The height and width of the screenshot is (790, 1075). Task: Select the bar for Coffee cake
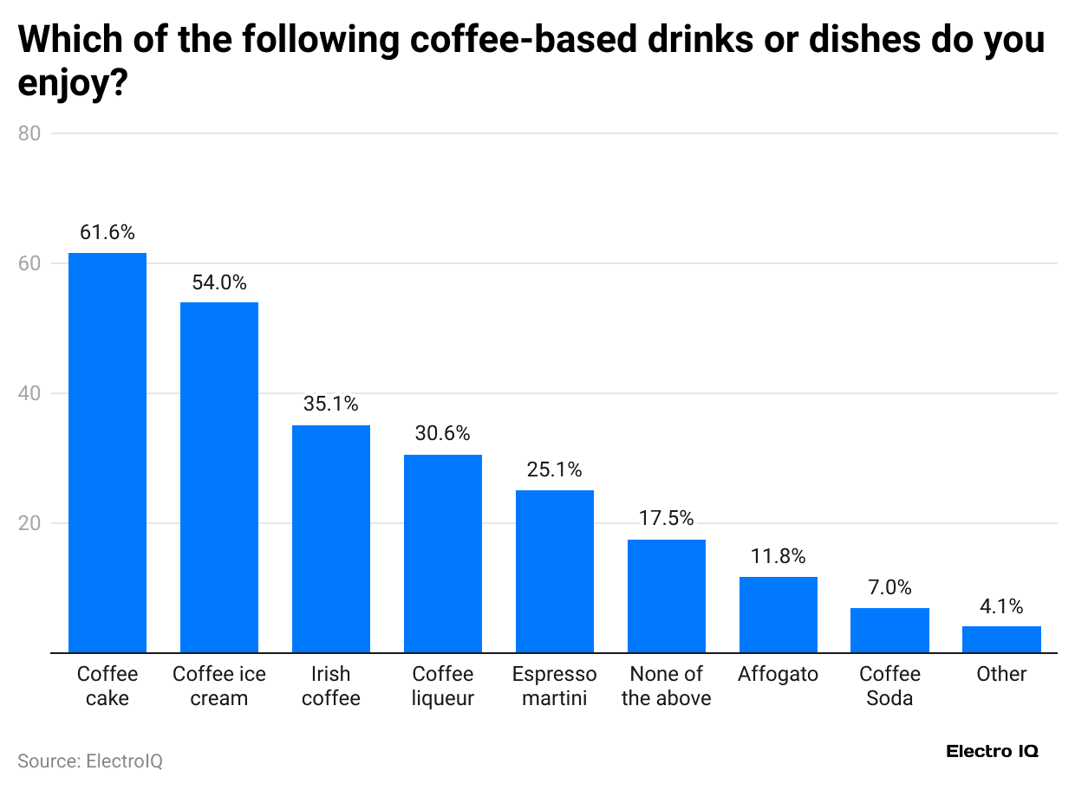click(x=107, y=452)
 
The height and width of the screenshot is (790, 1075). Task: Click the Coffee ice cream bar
click(x=219, y=477)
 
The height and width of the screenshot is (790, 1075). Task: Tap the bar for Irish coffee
click(x=331, y=539)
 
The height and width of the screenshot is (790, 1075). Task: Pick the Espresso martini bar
click(x=555, y=571)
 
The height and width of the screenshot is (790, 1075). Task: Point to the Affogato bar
click(x=779, y=614)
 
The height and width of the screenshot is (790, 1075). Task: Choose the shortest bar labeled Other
click(x=1001, y=639)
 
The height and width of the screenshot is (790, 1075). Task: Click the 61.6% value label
click(x=107, y=232)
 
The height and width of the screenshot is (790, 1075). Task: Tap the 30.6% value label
click(x=442, y=434)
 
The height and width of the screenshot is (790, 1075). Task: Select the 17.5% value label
click(x=666, y=518)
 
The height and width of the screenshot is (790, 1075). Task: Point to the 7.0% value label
click(x=889, y=587)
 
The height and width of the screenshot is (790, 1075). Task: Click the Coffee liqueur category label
click(x=443, y=686)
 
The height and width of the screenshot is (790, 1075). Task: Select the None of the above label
click(x=666, y=686)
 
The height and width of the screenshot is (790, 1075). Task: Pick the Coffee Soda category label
click(x=889, y=686)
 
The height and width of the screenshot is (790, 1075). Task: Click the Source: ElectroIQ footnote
click(x=90, y=761)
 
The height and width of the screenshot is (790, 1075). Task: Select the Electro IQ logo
click(x=992, y=751)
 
